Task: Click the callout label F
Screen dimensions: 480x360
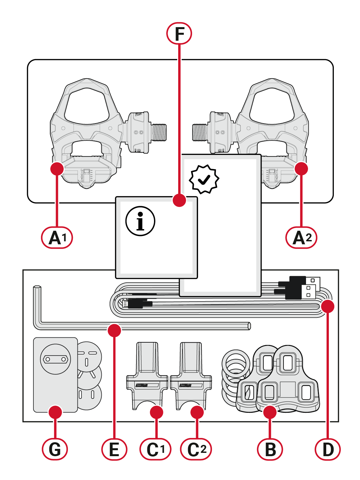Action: click(179, 33)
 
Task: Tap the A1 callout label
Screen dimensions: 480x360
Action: click(57, 237)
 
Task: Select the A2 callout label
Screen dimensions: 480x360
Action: click(301, 237)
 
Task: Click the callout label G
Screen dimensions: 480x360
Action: click(55, 449)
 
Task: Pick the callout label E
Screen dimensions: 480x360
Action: click(114, 449)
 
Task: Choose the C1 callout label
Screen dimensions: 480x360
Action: click(155, 449)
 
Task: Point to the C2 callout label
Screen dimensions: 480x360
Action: click(196, 449)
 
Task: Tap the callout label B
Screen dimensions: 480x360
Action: click(270, 449)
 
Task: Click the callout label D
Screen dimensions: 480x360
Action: click(328, 449)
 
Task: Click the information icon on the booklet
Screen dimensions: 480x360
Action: click(140, 221)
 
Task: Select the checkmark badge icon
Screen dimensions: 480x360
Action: click(204, 179)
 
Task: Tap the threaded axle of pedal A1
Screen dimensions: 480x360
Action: click(159, 132)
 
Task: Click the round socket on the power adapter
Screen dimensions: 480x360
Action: click(56, 359)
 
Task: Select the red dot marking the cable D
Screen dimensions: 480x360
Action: click(328, 306)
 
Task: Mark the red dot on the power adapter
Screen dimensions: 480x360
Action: click(55, 412)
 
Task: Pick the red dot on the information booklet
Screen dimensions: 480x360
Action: click(180, 200)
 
